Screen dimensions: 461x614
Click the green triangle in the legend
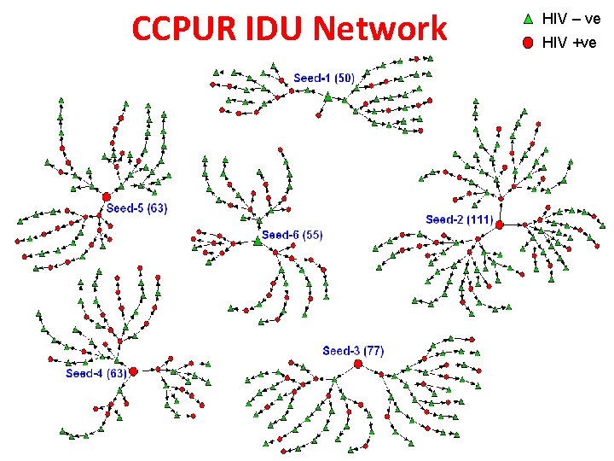(x=527, y=17)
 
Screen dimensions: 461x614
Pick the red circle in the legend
(x=527, y=42)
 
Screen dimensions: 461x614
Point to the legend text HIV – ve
(x=571, y=17)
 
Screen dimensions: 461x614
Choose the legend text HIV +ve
(x=569, y=42)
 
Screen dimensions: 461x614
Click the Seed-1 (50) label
(x=324, y=78)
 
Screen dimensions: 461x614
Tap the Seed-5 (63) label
(x=136, y=207)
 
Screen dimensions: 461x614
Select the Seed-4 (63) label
(x=96, y=373)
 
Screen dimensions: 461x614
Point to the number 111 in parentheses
(x=479, y=219)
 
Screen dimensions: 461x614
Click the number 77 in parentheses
(x=374, y=351)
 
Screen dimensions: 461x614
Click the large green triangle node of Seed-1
(x=327, y=97)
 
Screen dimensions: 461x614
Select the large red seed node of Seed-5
(x=107, y=197)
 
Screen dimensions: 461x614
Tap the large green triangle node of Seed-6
(x=257, y=242)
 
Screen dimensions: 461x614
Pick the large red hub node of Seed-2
(x=500, y=225)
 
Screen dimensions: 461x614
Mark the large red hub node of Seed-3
(x=358, y=364)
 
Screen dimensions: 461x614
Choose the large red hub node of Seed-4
(x=134, y=371)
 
